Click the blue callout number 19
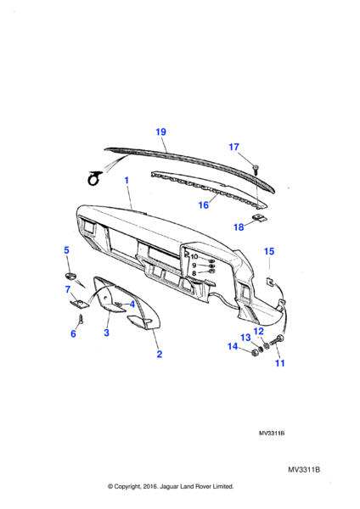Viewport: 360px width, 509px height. pos(160,131)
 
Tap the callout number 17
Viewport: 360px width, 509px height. pos(234,147)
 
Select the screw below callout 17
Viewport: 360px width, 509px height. pos(256,169)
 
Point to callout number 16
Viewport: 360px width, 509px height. pos(204,205)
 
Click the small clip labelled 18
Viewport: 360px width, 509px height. pos(261,218)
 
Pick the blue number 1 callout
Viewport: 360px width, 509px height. pos(127,180)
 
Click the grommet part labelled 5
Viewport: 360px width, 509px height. pos(70,277)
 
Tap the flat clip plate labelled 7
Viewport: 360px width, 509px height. pos(80,304)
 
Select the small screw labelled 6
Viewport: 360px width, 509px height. pos(81,318)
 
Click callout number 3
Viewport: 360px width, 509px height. pos(107,333)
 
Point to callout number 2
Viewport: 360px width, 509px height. pos(160,354)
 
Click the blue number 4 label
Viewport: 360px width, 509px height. pos(132,305)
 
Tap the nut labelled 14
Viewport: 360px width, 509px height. pos(255,353)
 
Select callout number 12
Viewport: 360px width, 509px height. pos(259,332)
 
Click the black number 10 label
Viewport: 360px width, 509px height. pos(194,257)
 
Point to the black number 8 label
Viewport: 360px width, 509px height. pos(194,273)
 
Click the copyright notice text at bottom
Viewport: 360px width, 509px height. pos(171,486)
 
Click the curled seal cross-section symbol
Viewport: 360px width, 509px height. pos(94,178)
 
